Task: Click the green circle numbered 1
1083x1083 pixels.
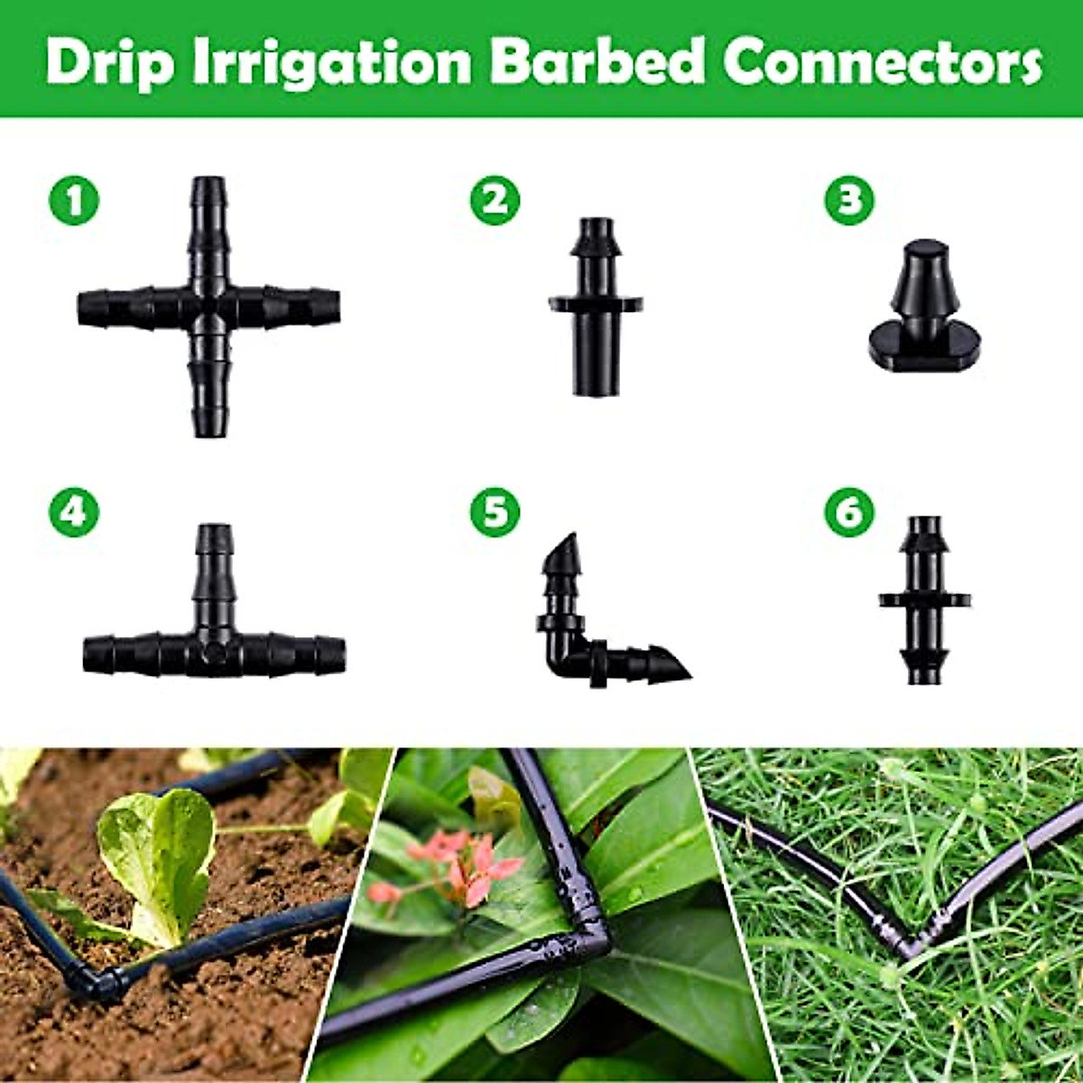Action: pyautogui.click(x=74, y=199)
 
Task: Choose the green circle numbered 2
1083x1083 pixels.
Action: pyautogui.click(x=495, y=199)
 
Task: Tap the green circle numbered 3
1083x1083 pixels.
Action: pyautogui.click(x=849, y=199)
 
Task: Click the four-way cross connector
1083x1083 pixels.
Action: pyautogui.click(x=208, y=307)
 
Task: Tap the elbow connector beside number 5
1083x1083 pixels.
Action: pyautogui.click(x=587, y=632)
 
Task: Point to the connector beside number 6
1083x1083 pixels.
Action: pyautogui.click(x=923, y=599)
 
